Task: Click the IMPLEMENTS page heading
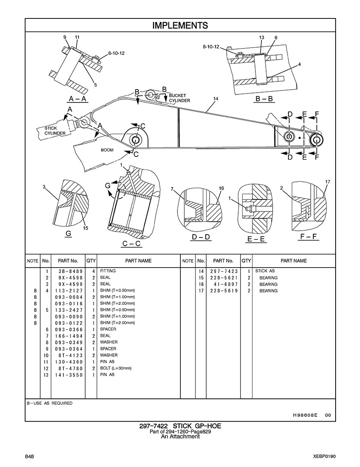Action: pos(180,26)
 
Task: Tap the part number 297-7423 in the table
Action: pos(224,271)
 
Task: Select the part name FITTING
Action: pos(108,271)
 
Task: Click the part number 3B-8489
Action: pos(69,271)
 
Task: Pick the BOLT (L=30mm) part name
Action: pos(116,368)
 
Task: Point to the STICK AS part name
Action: pos(265,271)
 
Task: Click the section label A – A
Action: pos(78,99)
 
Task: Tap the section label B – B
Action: pos(264,99)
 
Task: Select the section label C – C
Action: pos(131,244)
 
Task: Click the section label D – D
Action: pos(201,237)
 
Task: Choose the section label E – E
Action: pos(256,239)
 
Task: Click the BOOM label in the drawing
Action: pos(107,150)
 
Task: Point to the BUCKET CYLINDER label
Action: pos(179,98)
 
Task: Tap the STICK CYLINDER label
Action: pos(55,130)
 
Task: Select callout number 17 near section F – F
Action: pos(327,181)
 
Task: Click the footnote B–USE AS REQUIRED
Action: pos(49,403)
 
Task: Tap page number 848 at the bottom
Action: pos(30,457)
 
